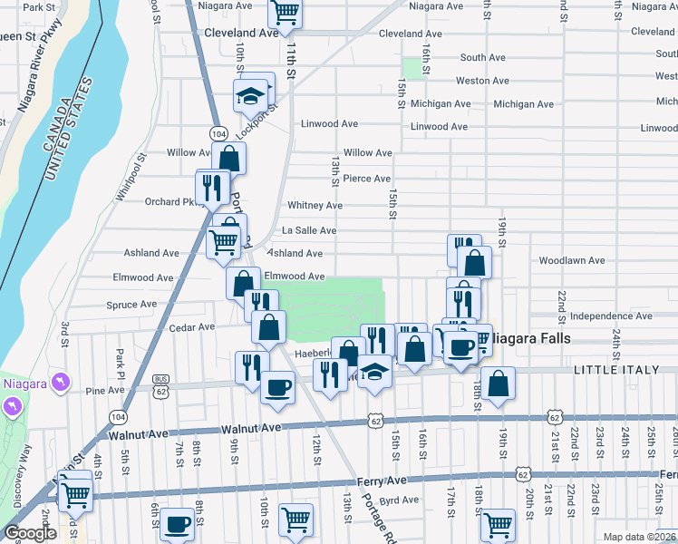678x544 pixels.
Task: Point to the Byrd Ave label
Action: [399, 500]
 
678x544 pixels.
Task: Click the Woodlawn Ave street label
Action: [571, 260]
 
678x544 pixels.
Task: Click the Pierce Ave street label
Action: [366, 179]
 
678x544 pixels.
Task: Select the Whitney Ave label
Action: [315, 206]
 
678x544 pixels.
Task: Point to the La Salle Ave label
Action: [309, 231]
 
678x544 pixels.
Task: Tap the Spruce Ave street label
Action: [131, 305]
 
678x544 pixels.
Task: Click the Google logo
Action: [30, 533]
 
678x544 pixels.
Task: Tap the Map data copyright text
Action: [639, 537]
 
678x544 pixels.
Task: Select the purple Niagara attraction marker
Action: [60, 382]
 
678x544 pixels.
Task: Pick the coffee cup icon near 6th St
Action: [178, 525]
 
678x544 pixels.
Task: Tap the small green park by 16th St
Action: [415, 68]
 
